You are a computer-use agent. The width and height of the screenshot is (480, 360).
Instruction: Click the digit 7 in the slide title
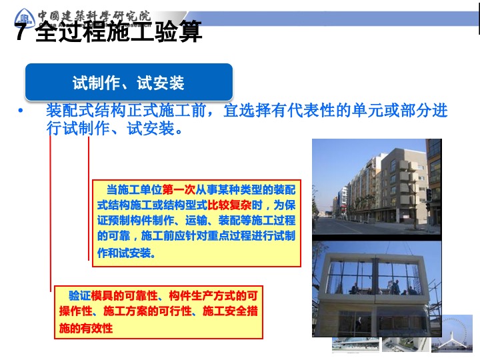tap(21, 32)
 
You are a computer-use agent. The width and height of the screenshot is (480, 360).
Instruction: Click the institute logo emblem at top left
tap(25, 19)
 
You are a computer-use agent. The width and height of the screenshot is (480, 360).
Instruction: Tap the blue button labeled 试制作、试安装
tap(129, 82)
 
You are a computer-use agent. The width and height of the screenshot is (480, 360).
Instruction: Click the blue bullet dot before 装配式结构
tap(21, 111)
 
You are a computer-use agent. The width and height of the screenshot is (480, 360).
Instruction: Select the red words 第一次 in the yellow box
tap(179, 190)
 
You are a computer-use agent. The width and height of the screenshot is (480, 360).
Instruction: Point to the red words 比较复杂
tap(229, 205)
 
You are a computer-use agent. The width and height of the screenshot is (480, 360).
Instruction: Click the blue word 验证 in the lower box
tap(79, 296)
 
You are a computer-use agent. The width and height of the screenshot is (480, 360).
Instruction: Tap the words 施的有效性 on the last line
tap(86, 328)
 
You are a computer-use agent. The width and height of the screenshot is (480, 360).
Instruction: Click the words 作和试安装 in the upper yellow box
tap(126, 253)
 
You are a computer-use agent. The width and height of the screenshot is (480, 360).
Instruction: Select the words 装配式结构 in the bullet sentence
tap(86, 111)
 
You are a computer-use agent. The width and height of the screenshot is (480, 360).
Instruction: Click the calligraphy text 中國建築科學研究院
tap(94, 16)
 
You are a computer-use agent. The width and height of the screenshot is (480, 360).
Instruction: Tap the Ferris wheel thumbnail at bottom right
tap(452, 334)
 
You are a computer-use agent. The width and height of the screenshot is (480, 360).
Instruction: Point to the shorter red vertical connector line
tap(89, 199)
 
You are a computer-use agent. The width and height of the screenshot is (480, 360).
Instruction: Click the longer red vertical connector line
tap(51, 213)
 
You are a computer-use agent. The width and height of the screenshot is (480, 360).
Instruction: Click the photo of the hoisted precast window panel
tap(377, 289)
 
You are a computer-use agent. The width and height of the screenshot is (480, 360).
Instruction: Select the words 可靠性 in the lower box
tap(141, 296)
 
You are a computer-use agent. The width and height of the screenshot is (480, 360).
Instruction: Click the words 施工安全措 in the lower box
tap(230, 311)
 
